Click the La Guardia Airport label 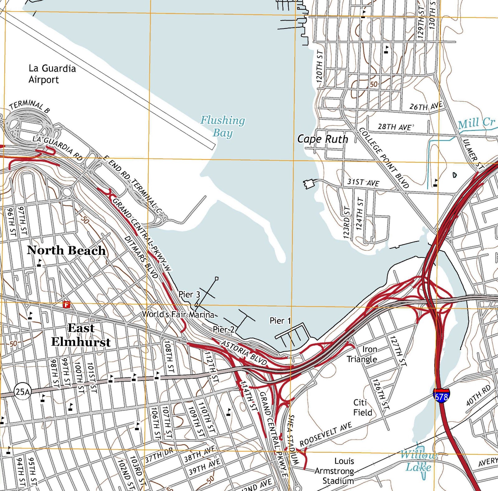pos(52,74)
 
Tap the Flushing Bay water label pos(223,126)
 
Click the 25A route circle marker pos(22,392)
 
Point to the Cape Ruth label pos(322,139)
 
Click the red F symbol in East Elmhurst pos(66,305)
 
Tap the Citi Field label pos(363,407)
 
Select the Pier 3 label pos(189,294)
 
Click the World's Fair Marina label pos(178,314)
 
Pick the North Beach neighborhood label pos(66,250)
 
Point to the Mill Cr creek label pos(476,123)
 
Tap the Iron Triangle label pos(362,354)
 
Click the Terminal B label pos(29,105)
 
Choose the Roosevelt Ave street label pos(326,434)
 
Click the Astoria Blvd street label pos(244,353)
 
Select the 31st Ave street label pos(363,182)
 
